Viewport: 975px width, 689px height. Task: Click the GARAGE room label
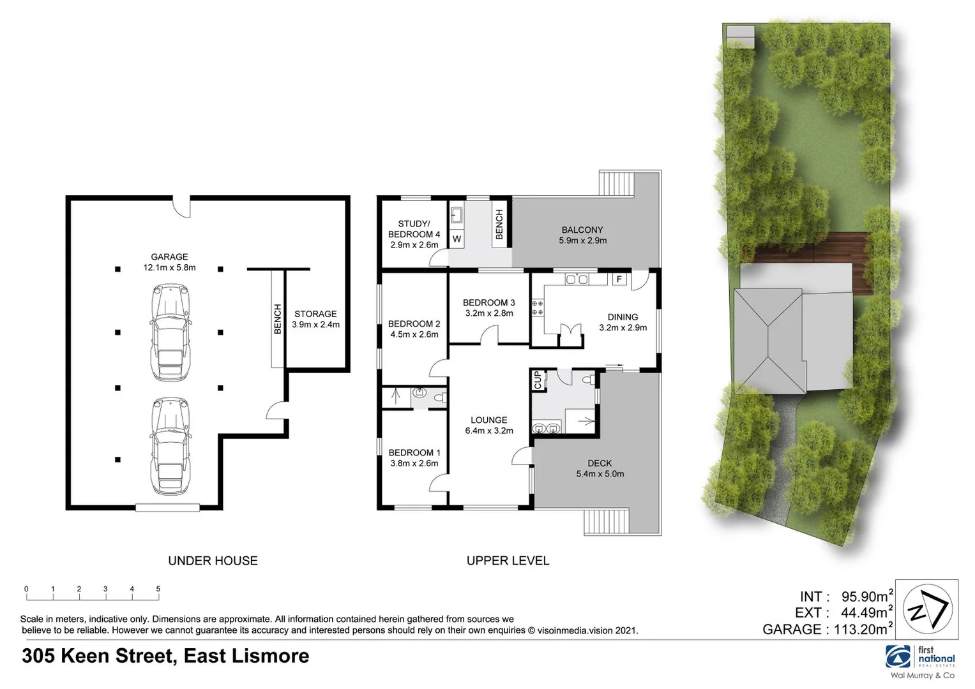pos(169,262)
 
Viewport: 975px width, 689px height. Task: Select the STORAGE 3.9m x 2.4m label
pos(315,319)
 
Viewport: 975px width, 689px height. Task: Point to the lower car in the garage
pos(170,446)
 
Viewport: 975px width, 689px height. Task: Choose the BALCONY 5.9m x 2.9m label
pos(582,235)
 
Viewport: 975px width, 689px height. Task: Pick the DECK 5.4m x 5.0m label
pos(600,468)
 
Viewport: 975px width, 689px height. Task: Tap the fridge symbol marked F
pos(618,279)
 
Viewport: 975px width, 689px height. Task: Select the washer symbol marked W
pos(457,239)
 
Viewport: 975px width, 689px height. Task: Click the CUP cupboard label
pos(538,380)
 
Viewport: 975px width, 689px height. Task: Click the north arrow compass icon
pos(926,609)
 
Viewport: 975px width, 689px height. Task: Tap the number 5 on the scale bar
pos(158,589)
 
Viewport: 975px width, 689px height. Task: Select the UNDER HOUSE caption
pos(213,561)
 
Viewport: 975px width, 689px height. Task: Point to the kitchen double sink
pos(577,279)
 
